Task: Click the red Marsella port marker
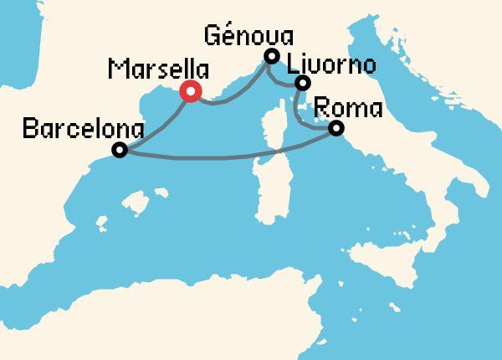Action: point(192,93)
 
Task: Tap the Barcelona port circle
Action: point(120,151)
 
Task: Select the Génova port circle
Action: point(270,56)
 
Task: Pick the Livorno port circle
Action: point(303,82)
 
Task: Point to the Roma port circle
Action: point(336,128)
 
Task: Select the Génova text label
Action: point(249,35)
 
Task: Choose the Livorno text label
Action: point(331,64)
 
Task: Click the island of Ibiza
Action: point(100,224)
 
